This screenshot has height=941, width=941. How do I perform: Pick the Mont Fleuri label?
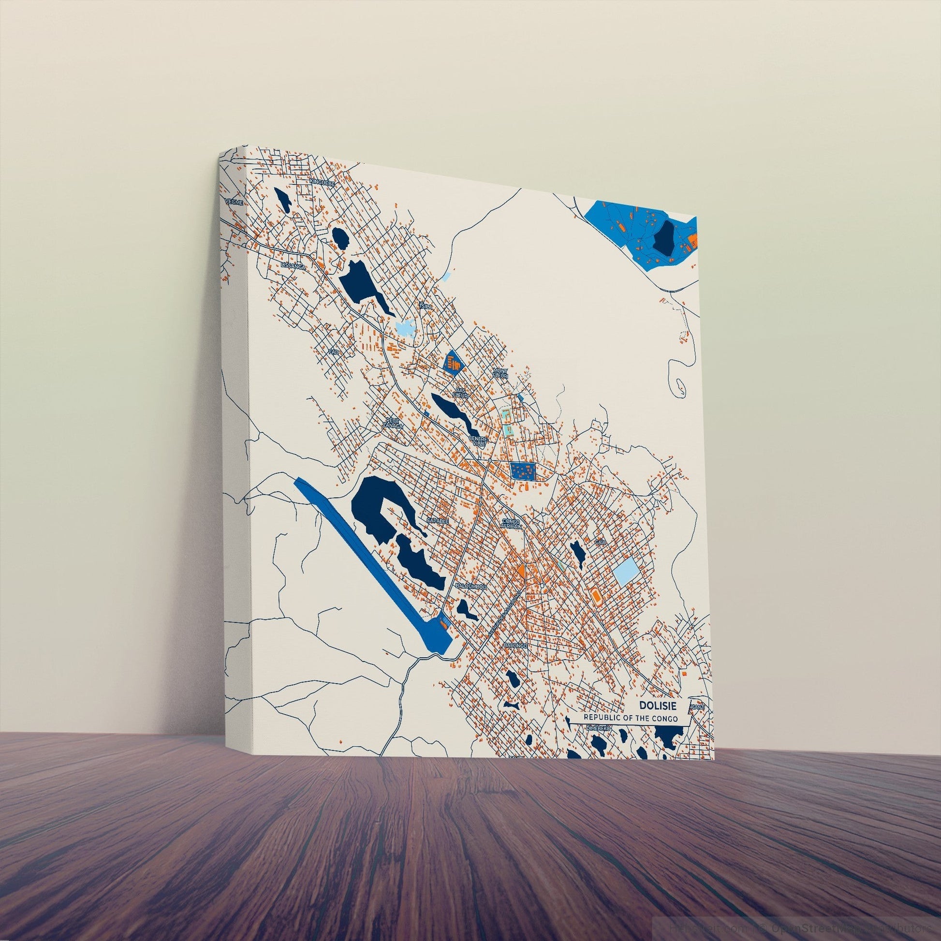click(x=500, y=374)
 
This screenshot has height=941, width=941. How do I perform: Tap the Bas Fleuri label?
click(x=460, y=393)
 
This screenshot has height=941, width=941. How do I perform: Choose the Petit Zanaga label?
click(x=391, y=422)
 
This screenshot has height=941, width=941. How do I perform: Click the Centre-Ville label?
click(x=478, y=441)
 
